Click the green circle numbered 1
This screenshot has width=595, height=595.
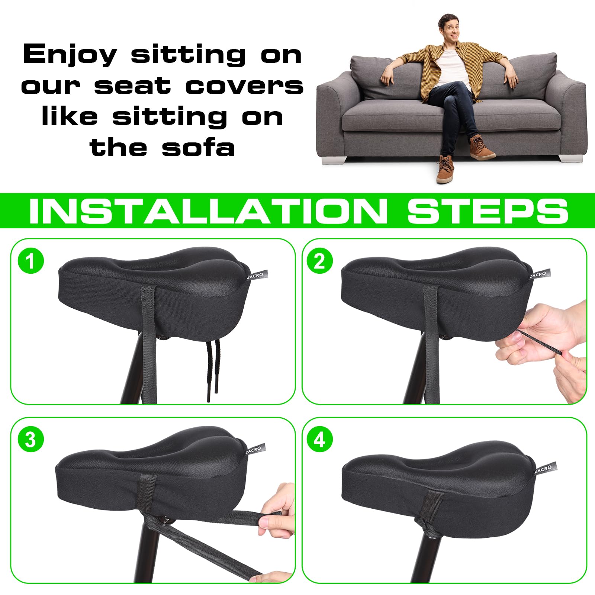click(x=31, y=261)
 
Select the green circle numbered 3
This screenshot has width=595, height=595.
click(x=31, y=440)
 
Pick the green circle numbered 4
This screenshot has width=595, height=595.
click(x=319, y=440)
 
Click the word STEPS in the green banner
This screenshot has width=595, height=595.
click(x=488, y=211)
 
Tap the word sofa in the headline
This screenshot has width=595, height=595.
click(x=198, y=147)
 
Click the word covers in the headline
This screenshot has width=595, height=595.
click(x=244, y=86)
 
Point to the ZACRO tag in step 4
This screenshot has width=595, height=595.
click(x=546, y=468)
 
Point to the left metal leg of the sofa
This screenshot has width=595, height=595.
click(x=334, y=160)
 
